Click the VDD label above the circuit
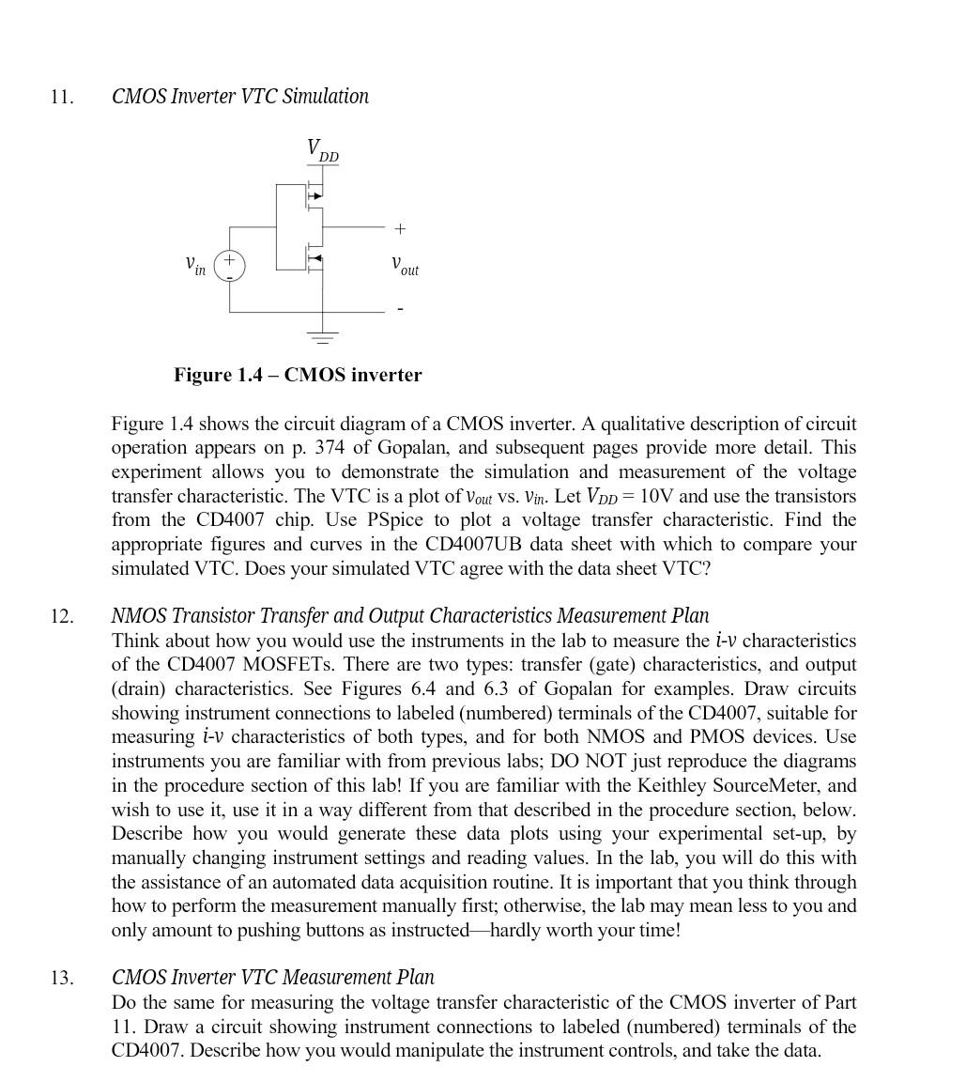click(322, 150)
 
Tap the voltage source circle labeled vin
click(230, 266)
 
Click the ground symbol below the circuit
click(323, 338)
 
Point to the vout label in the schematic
click(405, 266)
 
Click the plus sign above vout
click(400, 228)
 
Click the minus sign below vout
click(400, 308)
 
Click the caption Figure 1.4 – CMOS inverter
click(298, 375)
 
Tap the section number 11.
click(62, 97)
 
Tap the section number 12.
click(62, 617)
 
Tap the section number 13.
click(62, 979)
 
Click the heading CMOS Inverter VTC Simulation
click(240, 97)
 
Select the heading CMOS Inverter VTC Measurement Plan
click(272, 978)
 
